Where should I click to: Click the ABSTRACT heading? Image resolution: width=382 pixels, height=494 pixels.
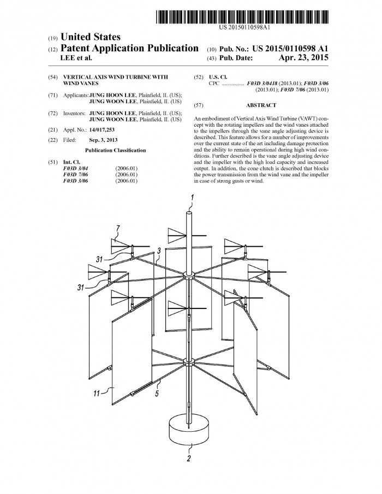261,105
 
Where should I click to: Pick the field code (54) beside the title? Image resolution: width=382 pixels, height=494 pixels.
51,76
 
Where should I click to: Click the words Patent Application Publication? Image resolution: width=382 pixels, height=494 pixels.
132,48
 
